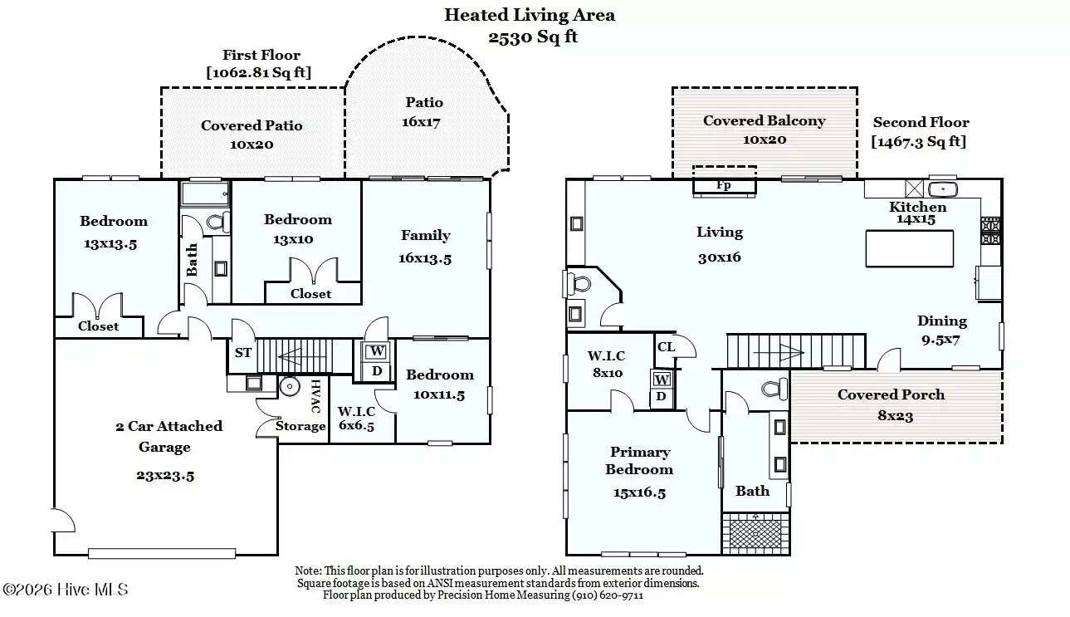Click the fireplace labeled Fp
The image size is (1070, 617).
(x=724, y=185)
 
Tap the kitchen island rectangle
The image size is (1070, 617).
(x=910, y=248)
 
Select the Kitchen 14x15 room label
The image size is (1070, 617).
(x=916, y=213)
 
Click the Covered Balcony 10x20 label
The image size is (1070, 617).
(x=765, y=130)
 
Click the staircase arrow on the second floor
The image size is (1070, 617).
(x=779, y=353)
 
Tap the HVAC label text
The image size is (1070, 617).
(x=315, y=396)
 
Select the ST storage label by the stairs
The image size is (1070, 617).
(x=242, y=353)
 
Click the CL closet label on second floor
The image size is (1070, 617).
(x=666, y=346)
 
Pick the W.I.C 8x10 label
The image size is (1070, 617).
(x=607, y=364)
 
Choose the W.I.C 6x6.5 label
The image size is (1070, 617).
(x=356, y=419)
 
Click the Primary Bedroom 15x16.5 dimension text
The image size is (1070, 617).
(x=639, y=492)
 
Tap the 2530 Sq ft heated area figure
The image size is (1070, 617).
(x=533, y=37)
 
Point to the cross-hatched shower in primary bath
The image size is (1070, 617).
(x=755, y=533)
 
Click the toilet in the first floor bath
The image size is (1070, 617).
(x=217, y=223)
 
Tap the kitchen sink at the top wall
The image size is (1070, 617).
(x=943, y=189)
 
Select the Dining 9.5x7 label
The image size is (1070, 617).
(x=941, y=331)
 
